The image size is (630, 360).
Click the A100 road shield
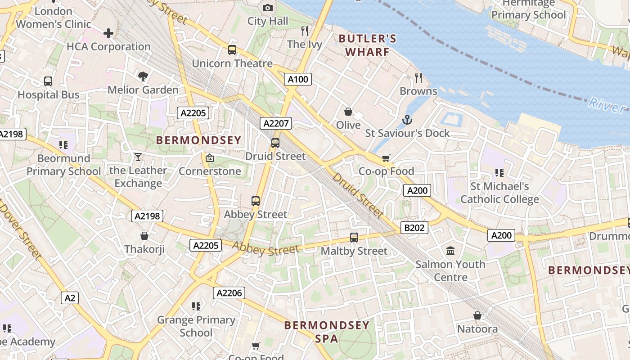tap(298, 80)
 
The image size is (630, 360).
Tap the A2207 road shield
tap(276, 123)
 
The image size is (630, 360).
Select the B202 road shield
tap(414, 228)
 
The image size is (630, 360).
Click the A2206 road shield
tap(229, 293)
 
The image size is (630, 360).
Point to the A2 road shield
tap(70, 297)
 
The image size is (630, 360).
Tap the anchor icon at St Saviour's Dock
tap(407, 120)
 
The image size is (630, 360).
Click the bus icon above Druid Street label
tap(275, 143)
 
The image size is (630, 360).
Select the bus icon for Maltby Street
tap(354, 238)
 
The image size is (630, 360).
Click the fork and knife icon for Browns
tap(418, 78)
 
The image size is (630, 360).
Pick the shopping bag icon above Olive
tap(348, 112)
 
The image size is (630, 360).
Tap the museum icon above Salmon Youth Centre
tap(450, 251)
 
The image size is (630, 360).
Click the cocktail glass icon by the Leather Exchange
tap(138, 157)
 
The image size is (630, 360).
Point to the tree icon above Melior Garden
tap(143, 76)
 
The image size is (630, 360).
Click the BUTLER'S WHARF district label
tap(368, 45)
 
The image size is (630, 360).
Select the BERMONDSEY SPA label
tap(327, 332)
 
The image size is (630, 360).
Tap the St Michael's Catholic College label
tap(499, 193)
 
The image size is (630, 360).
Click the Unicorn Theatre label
tap(232, 63)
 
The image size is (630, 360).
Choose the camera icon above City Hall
tap(268, 8)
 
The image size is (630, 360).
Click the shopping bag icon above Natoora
tap(477, 315)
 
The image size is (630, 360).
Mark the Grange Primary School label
tap(196, 326)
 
